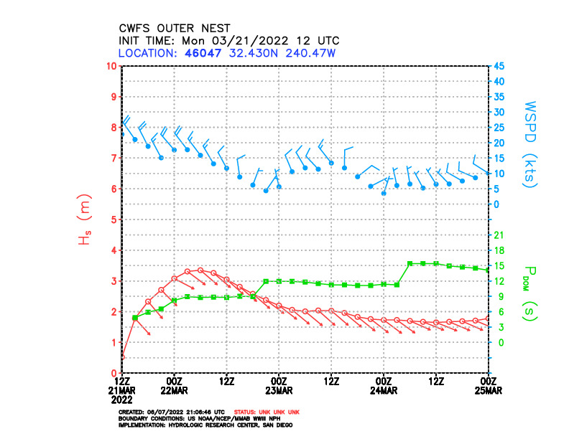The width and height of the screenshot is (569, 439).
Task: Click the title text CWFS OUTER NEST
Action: coord(175,28)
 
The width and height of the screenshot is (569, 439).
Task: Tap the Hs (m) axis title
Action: coord(84,219)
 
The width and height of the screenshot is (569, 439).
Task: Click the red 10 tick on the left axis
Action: coord(111,66)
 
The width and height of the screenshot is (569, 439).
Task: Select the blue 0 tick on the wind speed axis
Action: coord(495,204)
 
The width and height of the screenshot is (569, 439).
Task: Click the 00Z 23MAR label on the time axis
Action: coord(279,384)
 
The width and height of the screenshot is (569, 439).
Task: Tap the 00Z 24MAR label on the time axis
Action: coord(384,384)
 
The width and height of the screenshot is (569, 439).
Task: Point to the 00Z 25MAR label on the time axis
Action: coord(489,384)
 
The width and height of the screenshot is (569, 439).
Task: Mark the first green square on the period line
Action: coord(135,318)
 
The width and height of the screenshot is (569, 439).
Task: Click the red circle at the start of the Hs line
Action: coord(123,357)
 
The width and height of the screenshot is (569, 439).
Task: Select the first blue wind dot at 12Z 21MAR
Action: coord(123,134)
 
